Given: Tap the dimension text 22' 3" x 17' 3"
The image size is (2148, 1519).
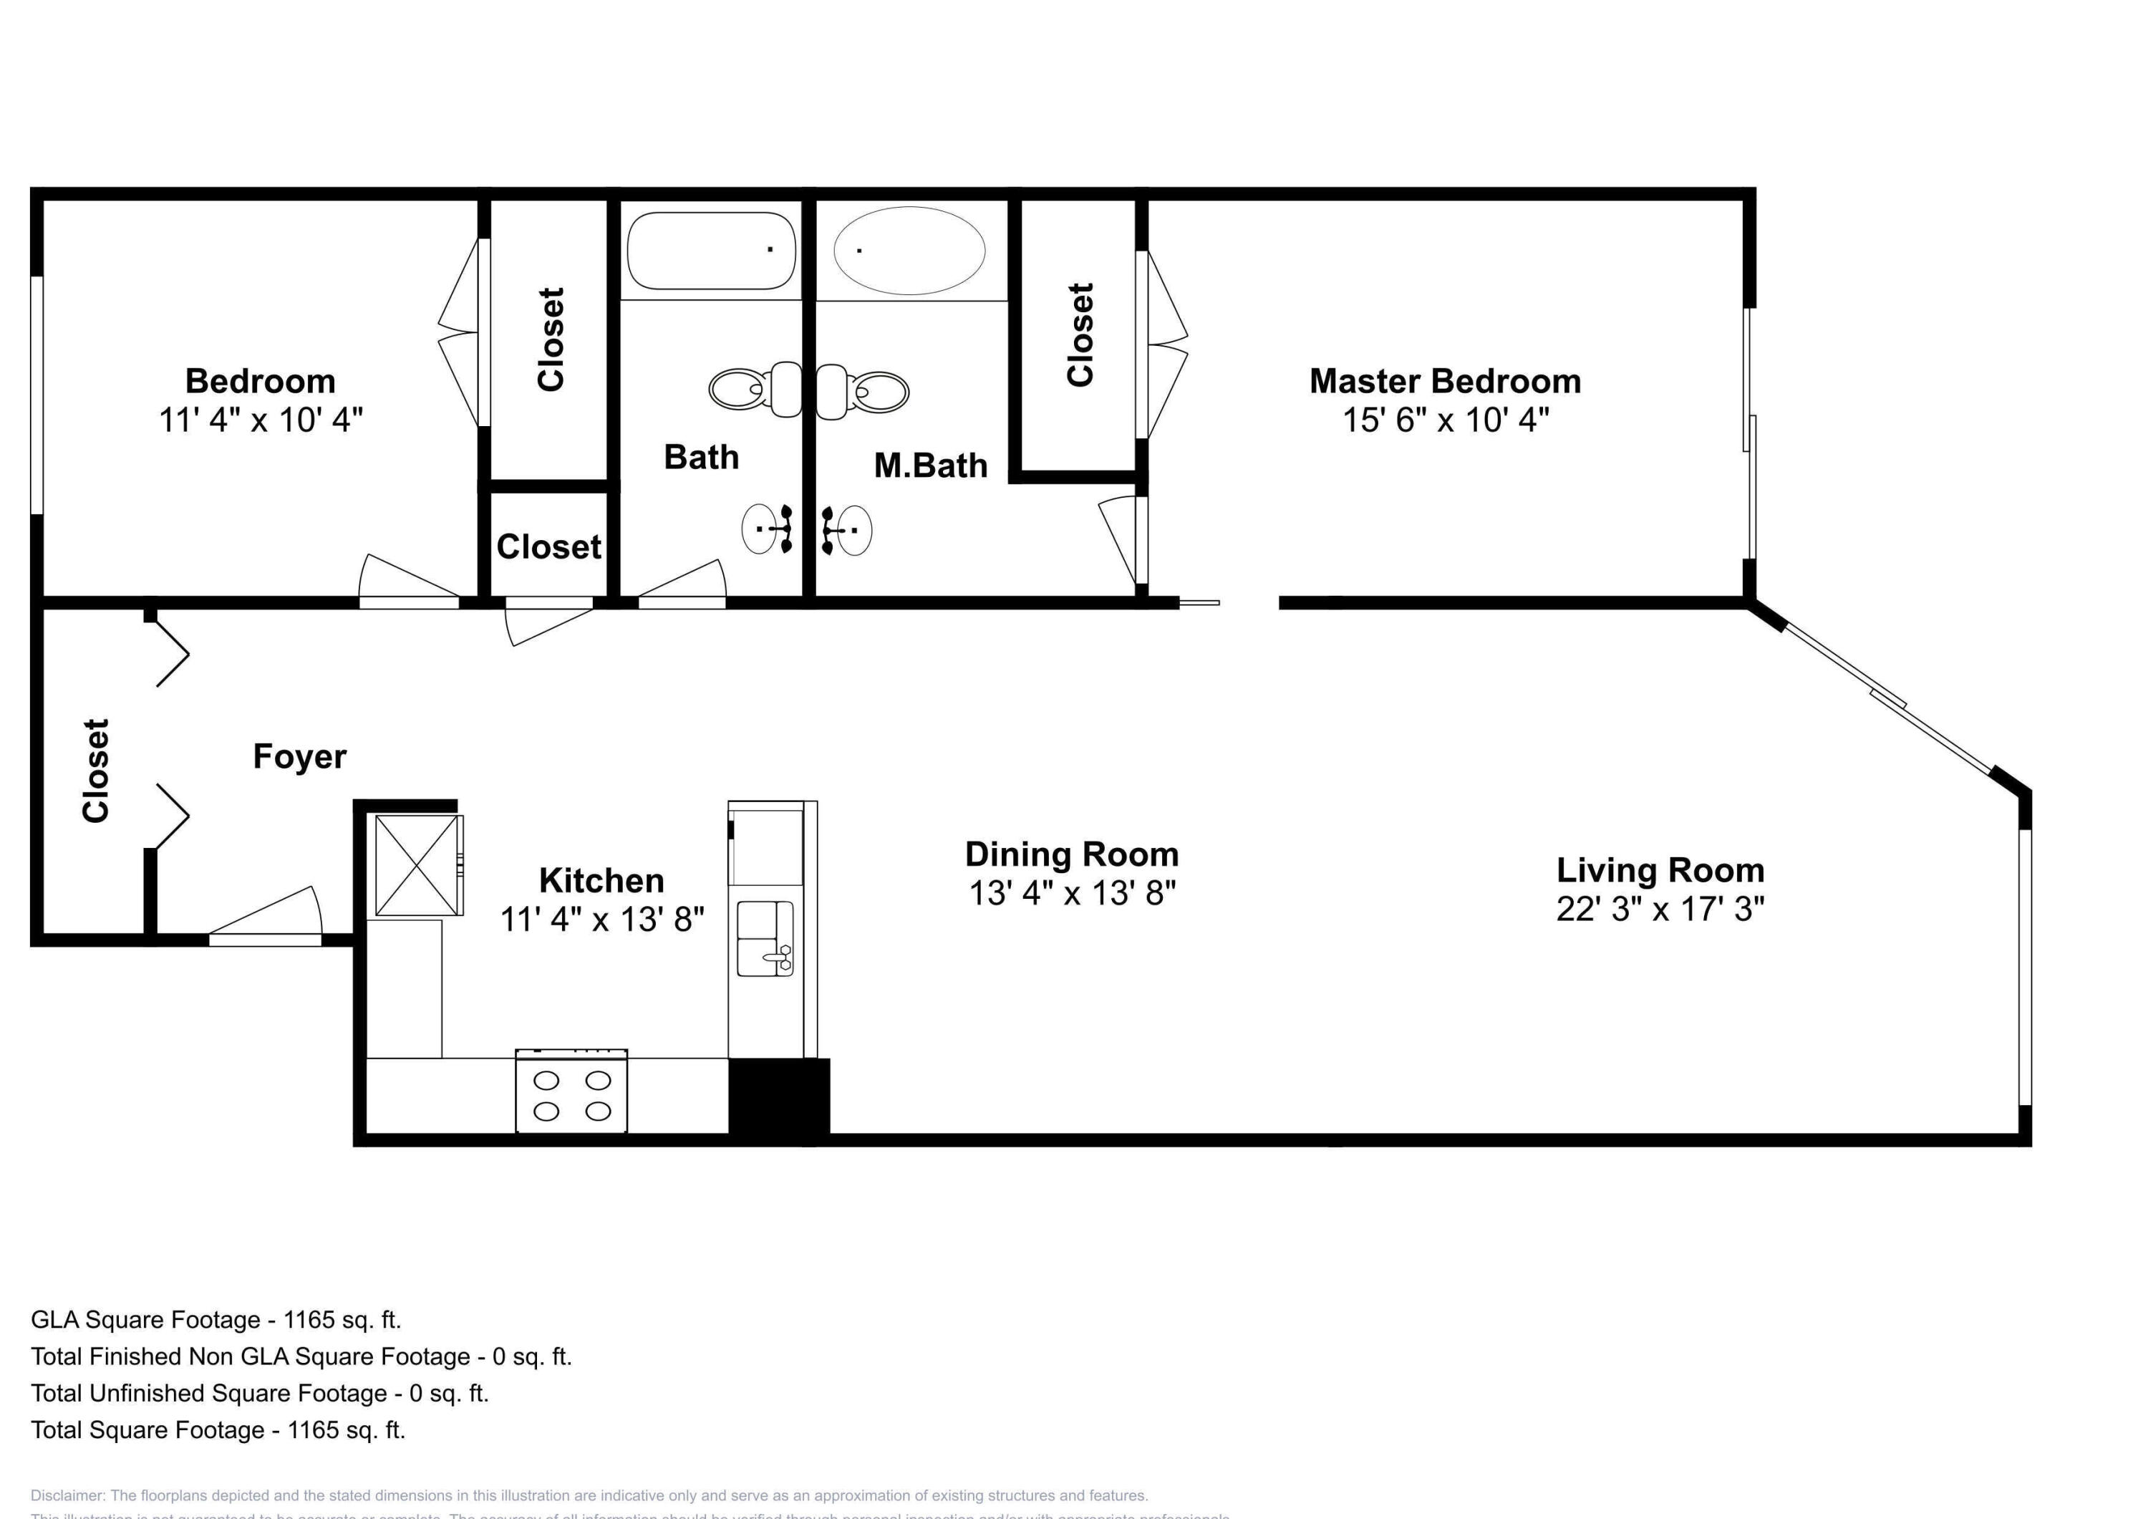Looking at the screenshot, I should [1660, 909].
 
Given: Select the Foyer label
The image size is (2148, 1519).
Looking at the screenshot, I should [299, 756].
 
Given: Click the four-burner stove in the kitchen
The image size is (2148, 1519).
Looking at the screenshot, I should [571, 1092].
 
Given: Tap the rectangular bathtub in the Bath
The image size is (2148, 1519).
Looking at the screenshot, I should [710, 250].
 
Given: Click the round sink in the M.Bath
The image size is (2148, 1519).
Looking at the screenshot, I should [849, 530].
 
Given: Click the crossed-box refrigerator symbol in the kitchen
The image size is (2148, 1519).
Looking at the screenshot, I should [417, 865].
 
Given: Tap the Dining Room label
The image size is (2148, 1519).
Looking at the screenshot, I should [1071, 854].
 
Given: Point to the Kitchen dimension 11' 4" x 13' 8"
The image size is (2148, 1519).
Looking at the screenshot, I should [601, 919].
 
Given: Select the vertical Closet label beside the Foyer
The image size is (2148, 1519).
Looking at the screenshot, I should [95, 771].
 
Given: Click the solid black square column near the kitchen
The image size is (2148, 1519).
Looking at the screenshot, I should [778, 1101].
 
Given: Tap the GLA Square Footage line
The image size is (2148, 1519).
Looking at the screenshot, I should [216, 1320].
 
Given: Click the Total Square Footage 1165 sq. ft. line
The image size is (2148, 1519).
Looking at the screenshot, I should [217, 1430].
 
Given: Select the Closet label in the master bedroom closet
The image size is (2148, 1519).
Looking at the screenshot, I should [1080, 334].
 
